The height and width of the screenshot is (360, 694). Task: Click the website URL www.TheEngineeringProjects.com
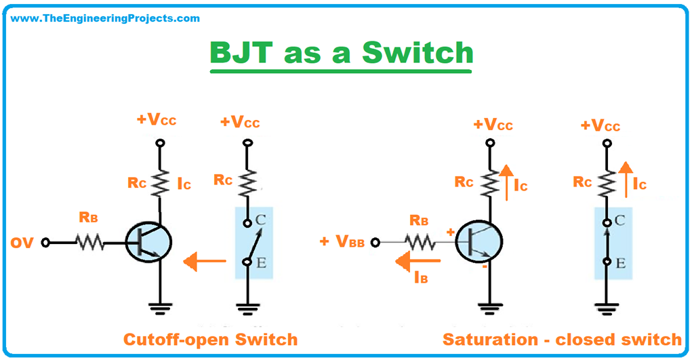[106, 18]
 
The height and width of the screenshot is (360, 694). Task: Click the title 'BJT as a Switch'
[341, 53]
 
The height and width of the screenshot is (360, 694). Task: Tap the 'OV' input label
[22, 242]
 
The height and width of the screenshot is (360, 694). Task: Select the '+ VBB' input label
[342, 242]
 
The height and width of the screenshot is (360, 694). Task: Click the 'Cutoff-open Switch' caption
[209, 338]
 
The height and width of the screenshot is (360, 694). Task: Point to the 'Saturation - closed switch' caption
[562, 338]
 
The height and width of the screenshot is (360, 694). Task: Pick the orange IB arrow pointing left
[417, 260]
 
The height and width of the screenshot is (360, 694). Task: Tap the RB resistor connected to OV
[89, 242]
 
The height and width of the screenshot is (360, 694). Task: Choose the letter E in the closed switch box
[620, 262]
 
